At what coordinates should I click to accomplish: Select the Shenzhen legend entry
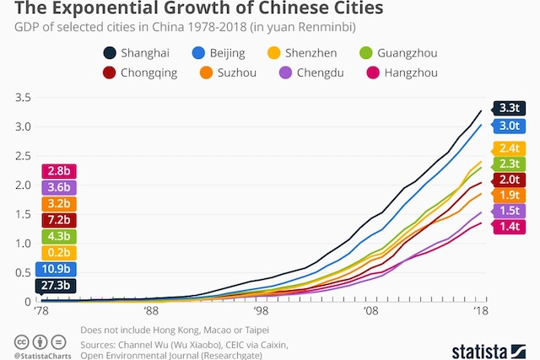tap(303, 53)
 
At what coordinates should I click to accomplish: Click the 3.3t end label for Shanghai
tap(510, 108)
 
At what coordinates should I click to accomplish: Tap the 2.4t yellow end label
tap(510, 147)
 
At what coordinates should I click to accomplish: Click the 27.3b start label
tap(57, 286)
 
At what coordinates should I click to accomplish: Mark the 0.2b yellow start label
tap(57, 252)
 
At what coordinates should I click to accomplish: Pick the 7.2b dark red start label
tap(57, 219)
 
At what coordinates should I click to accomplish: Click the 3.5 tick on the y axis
tap(24, 98)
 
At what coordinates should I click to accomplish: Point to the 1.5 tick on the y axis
tap(24, 214)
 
